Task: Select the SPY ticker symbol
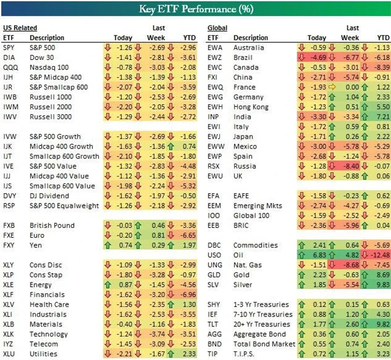(x=9, y=47)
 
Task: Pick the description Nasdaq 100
(x=49, y=67)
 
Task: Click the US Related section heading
(x=20, y=28)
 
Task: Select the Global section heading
(x=217, y=28)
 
